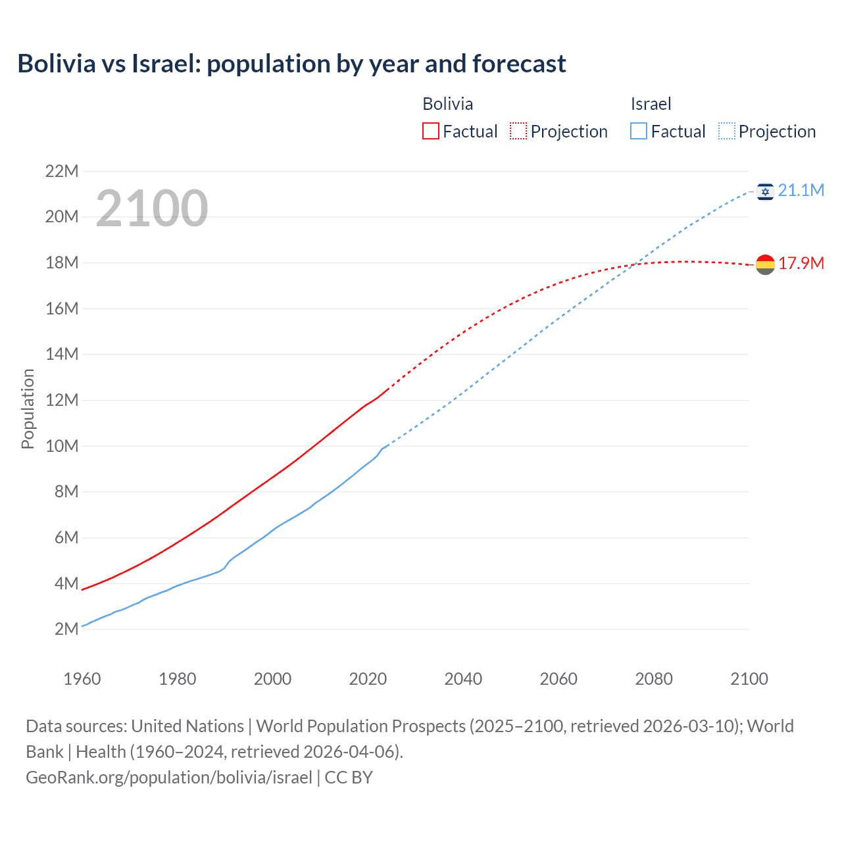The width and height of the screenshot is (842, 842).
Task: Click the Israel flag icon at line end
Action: tap(765, 191)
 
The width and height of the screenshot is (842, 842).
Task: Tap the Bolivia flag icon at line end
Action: tap(765, 264)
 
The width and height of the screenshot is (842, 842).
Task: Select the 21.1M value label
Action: tap(801, 191)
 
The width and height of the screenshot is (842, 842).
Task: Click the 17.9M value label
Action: tap(801, 264)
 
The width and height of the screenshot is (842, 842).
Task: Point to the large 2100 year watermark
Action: tap(152, 209)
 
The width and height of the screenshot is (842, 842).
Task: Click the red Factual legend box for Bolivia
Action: tap(430, 132)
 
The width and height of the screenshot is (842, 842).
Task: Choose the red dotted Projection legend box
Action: tap(518, 132)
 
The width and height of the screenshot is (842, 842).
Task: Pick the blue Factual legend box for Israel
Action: tap(638, 132)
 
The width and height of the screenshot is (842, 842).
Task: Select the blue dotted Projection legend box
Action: tap(726, 132)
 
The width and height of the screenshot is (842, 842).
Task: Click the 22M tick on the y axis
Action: tap(62, 172)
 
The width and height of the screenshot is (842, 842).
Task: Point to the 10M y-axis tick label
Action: tap(62, 446)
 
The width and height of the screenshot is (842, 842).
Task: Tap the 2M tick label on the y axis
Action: tap(66, 629)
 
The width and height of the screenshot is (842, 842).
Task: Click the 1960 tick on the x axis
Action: tap(82, 679)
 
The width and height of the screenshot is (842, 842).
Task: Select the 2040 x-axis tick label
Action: tap(463, 679)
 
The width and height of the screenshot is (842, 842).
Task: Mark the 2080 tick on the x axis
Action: tap(654, 679)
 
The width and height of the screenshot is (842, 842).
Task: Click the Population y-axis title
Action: tap(28, 409)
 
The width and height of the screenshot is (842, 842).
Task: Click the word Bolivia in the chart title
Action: tap(56, 64)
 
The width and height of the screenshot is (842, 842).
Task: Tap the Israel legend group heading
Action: tap(651, 104)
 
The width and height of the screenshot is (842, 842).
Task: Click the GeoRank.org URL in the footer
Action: tap(169, 778)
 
